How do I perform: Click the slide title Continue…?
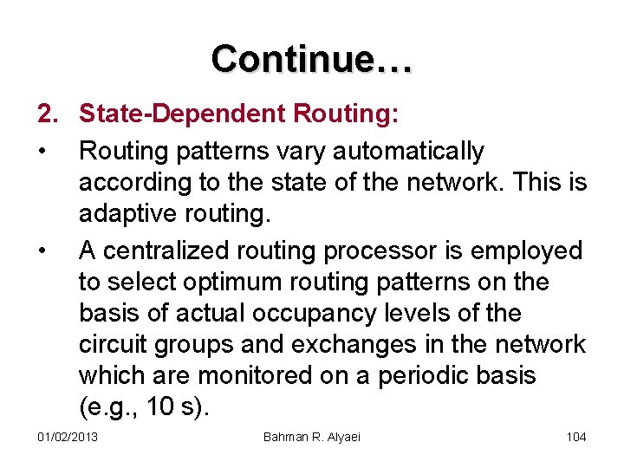coord(312,59)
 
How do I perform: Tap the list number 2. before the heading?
coord(48,114)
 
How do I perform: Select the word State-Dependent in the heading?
coord(183,114)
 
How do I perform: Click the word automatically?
coord(406,152)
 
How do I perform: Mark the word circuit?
coord(115,345)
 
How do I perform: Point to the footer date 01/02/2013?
coord(68,437)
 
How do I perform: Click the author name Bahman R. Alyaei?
coord(312,437)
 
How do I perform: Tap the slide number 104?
coord(576,437)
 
